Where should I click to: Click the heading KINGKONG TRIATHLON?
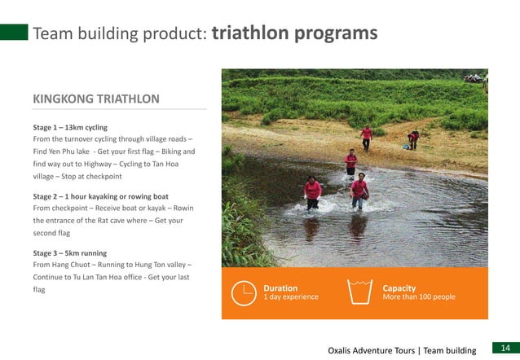coord(95,99)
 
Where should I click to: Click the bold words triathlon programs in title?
coord(294,33)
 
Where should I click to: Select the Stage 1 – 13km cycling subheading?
coord(70,128)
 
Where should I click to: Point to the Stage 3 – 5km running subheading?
coord(69,253)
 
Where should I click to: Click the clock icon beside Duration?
coord(243,292)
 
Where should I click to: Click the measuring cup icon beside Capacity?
coord(359,292)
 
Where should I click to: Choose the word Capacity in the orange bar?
coord(399,288)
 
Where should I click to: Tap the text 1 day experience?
coord(290,297)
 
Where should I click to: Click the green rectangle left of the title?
coord(14,33)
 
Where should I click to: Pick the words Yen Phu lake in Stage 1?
coord(68,151)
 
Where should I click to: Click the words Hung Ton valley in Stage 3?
coord(155,265)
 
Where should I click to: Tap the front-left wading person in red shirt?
coord(312,193)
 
